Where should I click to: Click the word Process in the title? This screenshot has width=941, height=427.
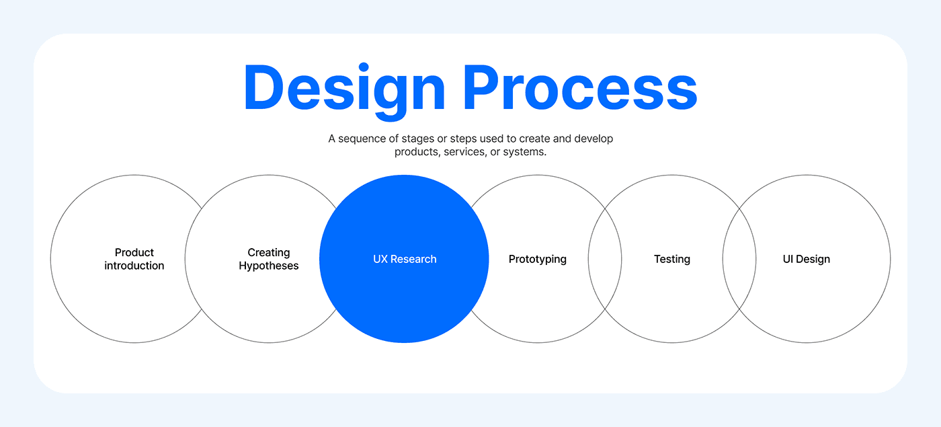tap(580, 89)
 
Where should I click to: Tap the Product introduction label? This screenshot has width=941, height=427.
tap(134, 259)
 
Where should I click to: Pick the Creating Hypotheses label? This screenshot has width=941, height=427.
tap(269, 259)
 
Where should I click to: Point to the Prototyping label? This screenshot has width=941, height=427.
tap(538, 259)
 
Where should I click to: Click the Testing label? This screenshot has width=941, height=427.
tap(672, 259)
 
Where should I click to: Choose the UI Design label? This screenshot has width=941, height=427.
tap(807, 259)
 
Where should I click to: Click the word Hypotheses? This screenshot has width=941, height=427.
tap(269, 266)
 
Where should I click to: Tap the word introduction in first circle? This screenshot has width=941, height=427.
tap(134, 266)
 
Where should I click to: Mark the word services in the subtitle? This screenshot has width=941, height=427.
tap(466, 152)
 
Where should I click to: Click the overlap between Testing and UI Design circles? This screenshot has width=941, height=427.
tap(739, 259)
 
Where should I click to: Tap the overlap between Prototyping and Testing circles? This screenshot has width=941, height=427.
tap(605, 259)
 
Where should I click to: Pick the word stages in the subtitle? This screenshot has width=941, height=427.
tap(419, 139)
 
